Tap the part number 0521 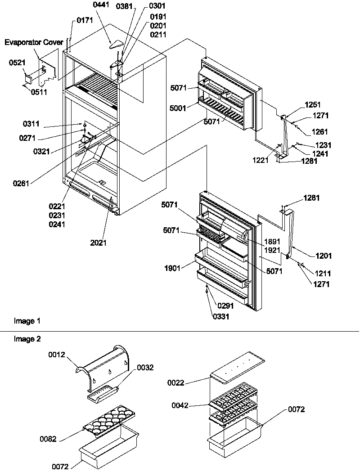pyautogui.click(x=16, y=63)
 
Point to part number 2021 pyautogui.click(x=99, y=243)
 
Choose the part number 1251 pyautogui.click(x=300, y=104)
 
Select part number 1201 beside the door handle pyautogui.click(x=324, y=256)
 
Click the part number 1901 pyautogui.click(x=173, y=268)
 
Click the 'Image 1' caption pyautogui.click(x=27, y=321)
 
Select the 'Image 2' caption pyautogui.click(x=27, y=339)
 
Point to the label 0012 pyautogui.click(x=57, y=355)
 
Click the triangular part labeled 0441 pyautogui.click(x=117, y=44)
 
